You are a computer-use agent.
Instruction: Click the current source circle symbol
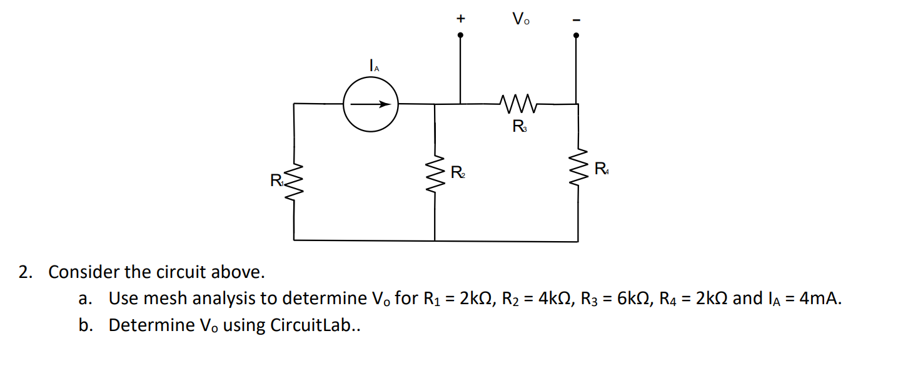[x=370, y=104]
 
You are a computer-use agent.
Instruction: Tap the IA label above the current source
[x=373, y=64]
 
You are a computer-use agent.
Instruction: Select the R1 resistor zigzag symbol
[x=295, y=185]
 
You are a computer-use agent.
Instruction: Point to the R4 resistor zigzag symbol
[x=577, y=171]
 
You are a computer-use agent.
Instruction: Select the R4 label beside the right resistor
[x=600, y=168]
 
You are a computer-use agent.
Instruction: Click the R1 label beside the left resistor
[x=277, y=182]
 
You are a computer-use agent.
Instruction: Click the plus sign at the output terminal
[x=460, y=19]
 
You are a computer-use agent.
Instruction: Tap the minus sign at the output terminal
[x=576, y=20]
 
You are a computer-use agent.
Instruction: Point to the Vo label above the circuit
[x=520, y=19]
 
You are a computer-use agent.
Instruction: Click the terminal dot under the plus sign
[x=461, y=36]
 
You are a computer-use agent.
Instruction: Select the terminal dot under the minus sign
[x=576, y=36]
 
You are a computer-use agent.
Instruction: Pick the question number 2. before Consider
[x=25, y=272]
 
